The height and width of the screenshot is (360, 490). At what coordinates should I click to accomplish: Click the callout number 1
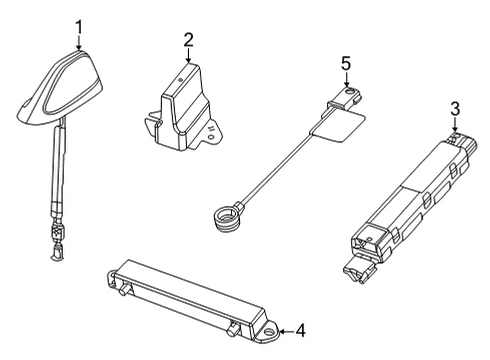pos(79,28)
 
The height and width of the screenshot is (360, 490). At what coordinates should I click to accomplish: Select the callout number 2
pos(188,40)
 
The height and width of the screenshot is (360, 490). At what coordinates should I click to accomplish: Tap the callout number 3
pos(455,109)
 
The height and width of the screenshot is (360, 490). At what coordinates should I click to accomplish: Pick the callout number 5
pos(346,63)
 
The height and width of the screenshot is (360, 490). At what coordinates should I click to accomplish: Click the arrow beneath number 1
pos(79,44)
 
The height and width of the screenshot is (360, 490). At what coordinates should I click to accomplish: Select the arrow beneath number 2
pos(188,56)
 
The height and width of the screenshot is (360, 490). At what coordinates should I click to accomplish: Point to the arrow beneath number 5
pos(346,80)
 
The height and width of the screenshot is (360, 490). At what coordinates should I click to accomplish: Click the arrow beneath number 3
pos(455,125)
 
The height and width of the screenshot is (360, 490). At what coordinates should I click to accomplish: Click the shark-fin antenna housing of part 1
pos(59,88)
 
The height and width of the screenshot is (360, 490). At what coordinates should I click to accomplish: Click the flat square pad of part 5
pos(338,125)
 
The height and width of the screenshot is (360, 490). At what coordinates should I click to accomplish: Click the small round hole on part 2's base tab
pos(210,137)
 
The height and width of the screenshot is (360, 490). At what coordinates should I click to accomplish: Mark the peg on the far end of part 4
pos(124,289)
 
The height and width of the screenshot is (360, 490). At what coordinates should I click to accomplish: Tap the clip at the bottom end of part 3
pos(358,269)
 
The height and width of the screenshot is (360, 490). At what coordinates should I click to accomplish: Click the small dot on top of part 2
pos(180,80)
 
